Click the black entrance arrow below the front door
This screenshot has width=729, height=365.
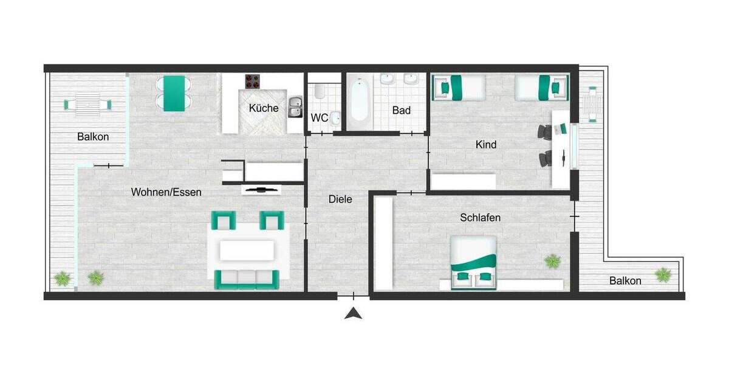click(354, 314)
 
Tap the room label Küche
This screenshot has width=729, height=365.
click(264, 108)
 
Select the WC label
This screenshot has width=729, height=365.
click(320, 117)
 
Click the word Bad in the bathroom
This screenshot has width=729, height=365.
click(401, 110)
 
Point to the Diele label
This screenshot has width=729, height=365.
click(340, 199)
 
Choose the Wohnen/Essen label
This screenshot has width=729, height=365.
click(166, 192)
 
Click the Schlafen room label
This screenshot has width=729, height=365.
click(480, 217)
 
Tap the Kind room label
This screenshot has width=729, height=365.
click(486, 144)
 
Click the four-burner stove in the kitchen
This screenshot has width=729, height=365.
click(253, 82)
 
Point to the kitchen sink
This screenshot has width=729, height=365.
click(295, 106)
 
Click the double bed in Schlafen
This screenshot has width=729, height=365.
click(473, 262)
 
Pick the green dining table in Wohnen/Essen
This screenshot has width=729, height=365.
click(174, 93)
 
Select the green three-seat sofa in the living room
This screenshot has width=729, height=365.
click(247, 279)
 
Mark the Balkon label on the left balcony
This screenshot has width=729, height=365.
click(93, 137)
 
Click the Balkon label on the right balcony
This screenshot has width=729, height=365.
click(625, 280)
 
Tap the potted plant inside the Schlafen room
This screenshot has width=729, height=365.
click(552, 262)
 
